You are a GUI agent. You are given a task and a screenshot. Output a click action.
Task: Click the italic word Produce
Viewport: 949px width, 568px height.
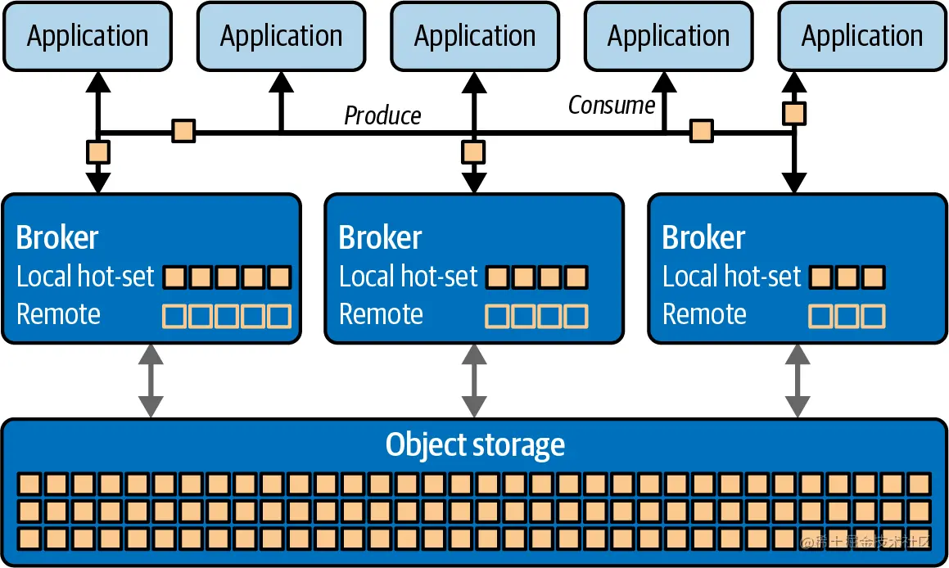tap(382, 115)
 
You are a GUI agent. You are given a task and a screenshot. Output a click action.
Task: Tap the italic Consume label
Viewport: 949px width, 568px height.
tap(612, 105)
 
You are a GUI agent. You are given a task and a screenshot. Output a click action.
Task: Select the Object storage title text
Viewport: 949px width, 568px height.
tap(475, 445)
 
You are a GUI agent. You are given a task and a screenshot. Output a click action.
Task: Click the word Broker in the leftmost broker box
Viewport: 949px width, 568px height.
tap(57, 237)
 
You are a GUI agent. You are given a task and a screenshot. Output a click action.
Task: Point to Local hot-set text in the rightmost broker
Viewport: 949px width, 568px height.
tap(731, 277)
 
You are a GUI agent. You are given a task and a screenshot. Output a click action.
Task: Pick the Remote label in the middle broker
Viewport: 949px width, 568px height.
tap(381, 314)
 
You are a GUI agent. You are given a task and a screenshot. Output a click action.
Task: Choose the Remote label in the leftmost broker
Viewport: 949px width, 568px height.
tap(58, 314)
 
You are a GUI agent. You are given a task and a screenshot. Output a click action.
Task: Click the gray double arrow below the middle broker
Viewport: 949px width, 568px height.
tap(474, 381)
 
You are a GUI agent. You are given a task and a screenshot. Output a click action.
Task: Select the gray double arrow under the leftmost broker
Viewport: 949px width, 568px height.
tap(151, 381)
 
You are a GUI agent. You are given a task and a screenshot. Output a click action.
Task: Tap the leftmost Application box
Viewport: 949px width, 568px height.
tap(88, 36)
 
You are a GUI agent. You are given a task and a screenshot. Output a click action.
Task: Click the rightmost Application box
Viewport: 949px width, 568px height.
tap(862, 36)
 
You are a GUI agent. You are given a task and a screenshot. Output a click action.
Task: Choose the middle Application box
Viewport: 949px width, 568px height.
tap(475, 36)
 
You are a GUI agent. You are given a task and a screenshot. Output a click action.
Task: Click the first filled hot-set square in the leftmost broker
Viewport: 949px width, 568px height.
tap(174, 277)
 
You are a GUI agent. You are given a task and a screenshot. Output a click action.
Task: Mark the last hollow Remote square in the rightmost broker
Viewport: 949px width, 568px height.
tap(874, 315)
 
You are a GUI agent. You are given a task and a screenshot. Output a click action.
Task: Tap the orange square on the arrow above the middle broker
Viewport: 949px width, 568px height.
tap(473, 152)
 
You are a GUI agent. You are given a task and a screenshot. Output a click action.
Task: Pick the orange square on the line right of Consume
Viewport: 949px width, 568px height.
tap(701, 131)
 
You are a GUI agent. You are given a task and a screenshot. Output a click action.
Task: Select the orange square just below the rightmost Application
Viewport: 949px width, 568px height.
tap(793, 112)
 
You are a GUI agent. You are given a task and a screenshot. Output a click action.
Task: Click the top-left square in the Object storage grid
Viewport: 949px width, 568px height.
tap(30, 483)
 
